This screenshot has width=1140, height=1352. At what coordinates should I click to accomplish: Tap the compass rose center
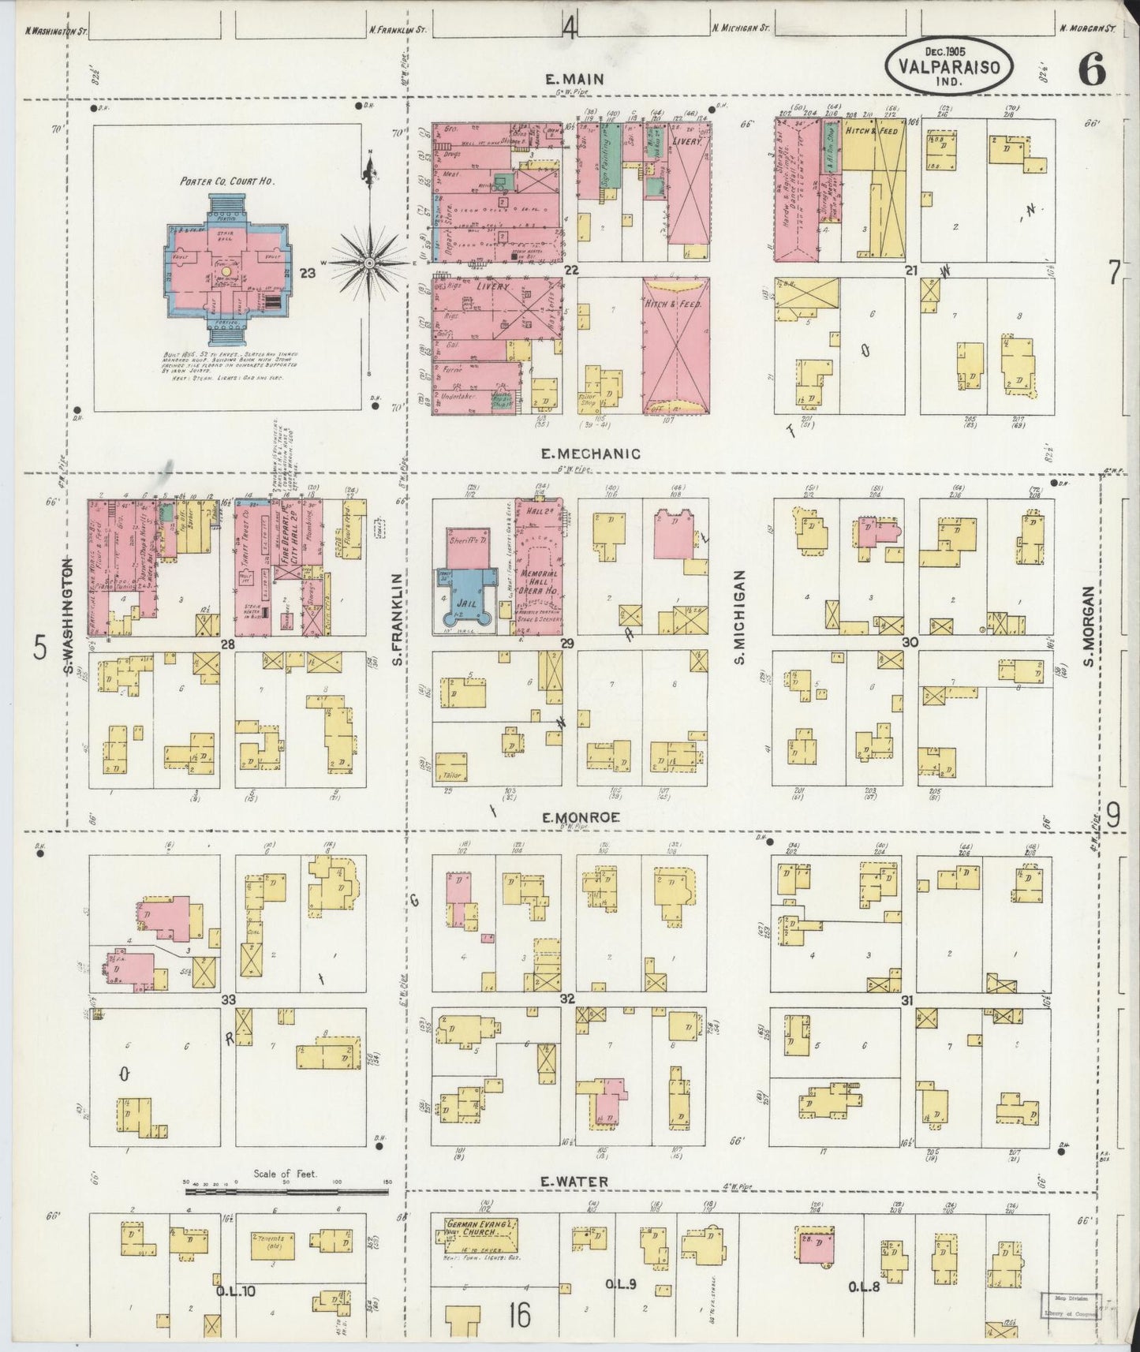point(368,262)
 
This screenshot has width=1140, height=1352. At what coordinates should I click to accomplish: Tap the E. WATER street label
point(574,1181)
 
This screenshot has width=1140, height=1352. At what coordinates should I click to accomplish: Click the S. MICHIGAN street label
point(740,617)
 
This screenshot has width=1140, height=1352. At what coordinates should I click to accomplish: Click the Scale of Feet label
point(285,1174)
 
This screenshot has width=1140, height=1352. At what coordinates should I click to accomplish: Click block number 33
point(228,1000)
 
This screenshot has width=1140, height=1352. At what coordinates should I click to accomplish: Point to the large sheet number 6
point(1092,72)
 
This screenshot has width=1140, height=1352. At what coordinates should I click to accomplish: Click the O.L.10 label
point(235,1292)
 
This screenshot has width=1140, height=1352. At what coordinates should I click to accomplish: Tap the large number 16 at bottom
point(519,1314)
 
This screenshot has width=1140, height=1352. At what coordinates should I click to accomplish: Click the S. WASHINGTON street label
point(69,616)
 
